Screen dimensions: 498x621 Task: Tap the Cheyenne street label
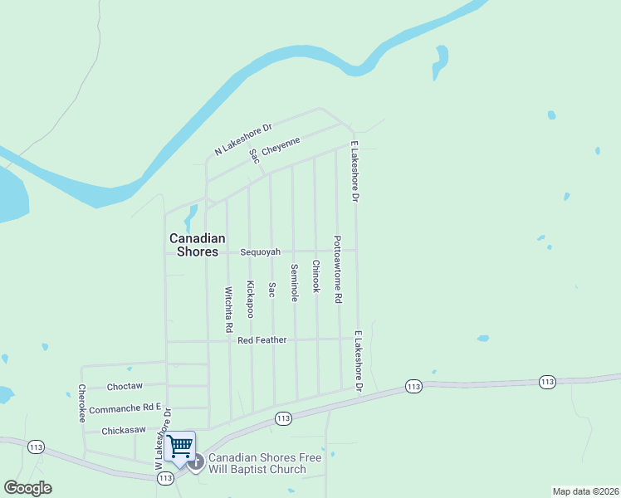pos(281,147)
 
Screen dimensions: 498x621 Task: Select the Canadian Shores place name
pos(194,244)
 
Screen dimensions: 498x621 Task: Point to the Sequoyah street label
pos(261,251)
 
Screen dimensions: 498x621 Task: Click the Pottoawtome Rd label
pos(338,269)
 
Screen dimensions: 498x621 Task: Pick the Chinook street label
pos(315,276)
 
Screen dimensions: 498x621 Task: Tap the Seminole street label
pos(294,283)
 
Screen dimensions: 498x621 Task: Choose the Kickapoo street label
pos(250,299)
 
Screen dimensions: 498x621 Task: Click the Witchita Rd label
pos(228,310)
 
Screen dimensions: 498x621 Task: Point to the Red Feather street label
pos(262,340)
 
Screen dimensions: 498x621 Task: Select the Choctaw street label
pos(125,386)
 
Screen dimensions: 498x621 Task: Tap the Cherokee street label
pos(82,403)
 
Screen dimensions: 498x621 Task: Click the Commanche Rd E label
pos(125,408)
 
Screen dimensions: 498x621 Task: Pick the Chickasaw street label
pos(123,431)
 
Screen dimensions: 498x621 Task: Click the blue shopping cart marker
pos(180,447)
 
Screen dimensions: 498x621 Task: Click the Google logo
pos(27,487)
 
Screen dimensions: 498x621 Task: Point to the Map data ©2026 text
pos(584,491)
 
